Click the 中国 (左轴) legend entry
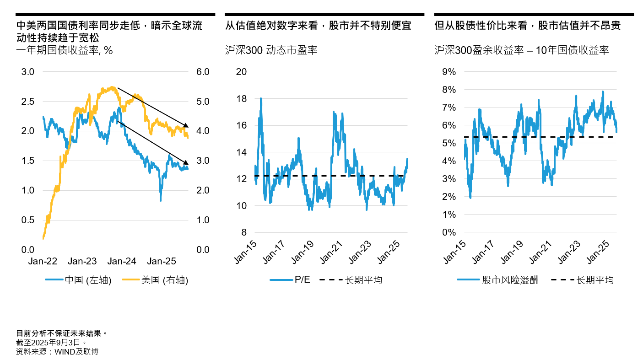[78, 280]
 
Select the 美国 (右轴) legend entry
[155, 280]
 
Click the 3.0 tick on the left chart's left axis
[28, 72]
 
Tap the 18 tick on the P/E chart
[241, 99]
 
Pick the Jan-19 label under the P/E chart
[303, 252]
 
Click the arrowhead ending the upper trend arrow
[185, 125]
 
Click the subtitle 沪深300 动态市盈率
[271, 50]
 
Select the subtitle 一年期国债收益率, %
[64, 50]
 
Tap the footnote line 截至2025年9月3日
[51, 342]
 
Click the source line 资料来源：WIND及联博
[57, 351]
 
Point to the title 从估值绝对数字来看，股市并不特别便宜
[318, 26]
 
